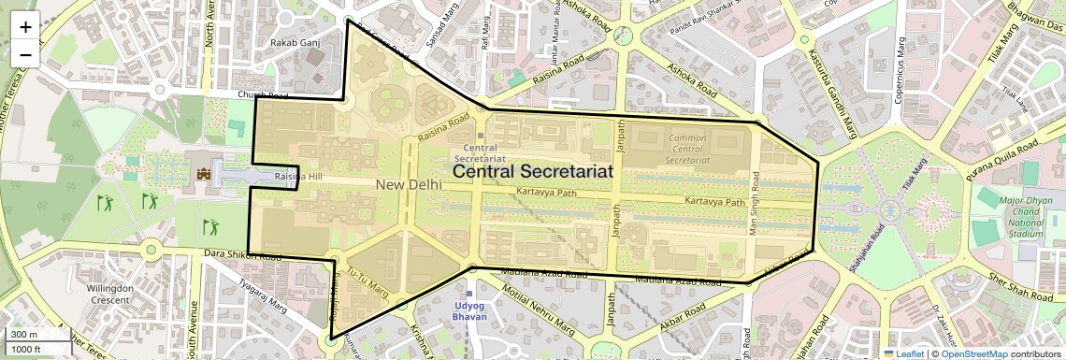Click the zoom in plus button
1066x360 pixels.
point(25,27)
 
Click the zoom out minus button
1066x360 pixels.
point(25,54)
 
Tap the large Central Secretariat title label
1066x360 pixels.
point(533,172)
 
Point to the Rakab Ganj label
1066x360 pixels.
point(288,43)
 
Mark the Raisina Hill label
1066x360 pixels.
point(297,177)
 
